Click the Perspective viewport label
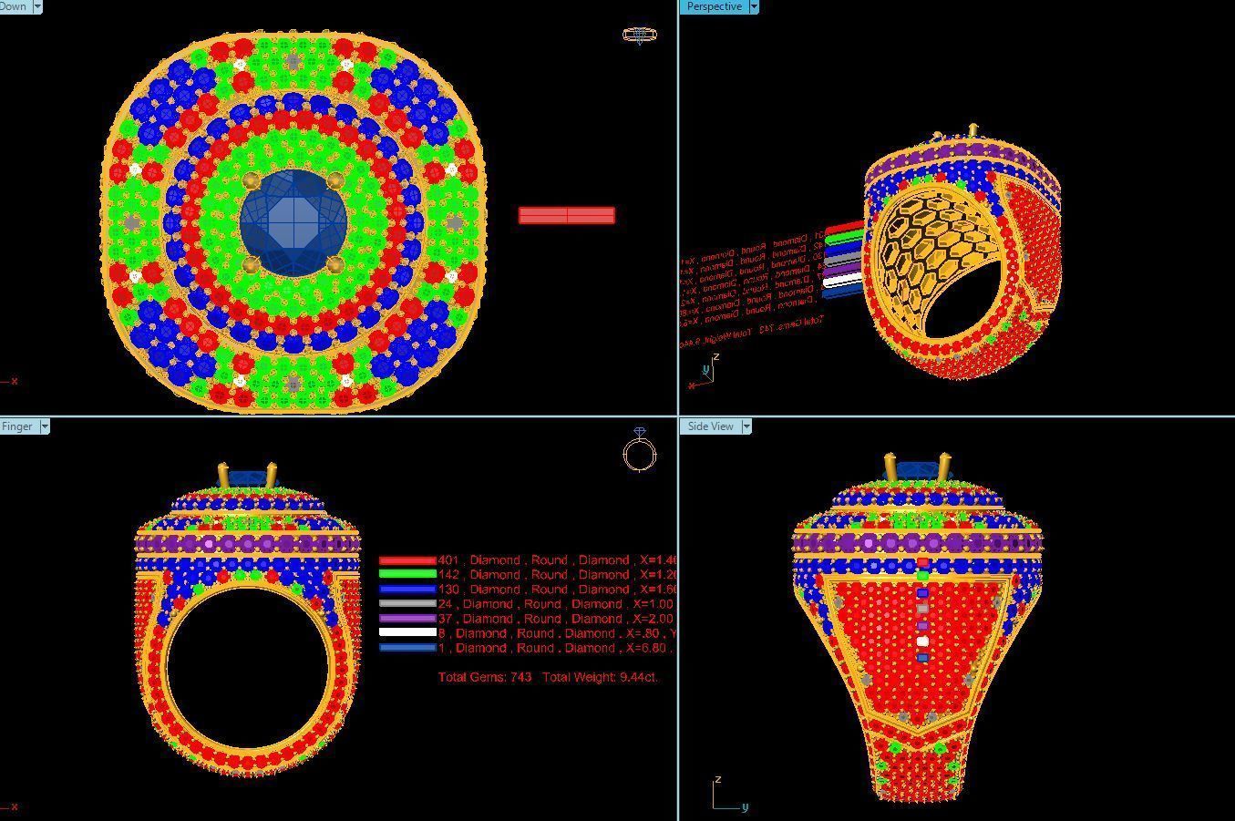tap(714, 6)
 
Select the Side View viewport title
tap(710, 426)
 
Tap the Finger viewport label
tap(17, 426)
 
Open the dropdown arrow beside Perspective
tap(753, 6)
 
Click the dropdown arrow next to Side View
tap(746, 426)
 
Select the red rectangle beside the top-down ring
tap(566, 215)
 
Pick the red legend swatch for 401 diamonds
tap(407, 560)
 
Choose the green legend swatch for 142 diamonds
tap(407, 575)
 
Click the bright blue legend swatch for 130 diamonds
tap(407, 590)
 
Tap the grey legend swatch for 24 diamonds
tap(407, 604)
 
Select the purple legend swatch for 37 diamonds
tap(407, 619)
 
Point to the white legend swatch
tap(407, 633)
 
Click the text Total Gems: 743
tap(484, 677)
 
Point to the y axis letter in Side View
tap(745, 806)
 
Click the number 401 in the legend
tap(448, 560)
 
